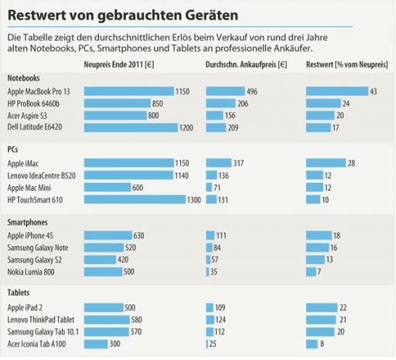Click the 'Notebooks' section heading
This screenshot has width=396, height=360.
click(x=24, y=78)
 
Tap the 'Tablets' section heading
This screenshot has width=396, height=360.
click(x=19, y=294)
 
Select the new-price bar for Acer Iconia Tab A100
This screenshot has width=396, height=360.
click(x=95, y=343)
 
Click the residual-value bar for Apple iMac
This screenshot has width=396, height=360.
click(x=325, y=163)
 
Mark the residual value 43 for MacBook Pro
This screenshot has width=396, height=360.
click(x=374, y=91)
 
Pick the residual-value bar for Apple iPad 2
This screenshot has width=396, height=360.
click(x=321, y=307)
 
